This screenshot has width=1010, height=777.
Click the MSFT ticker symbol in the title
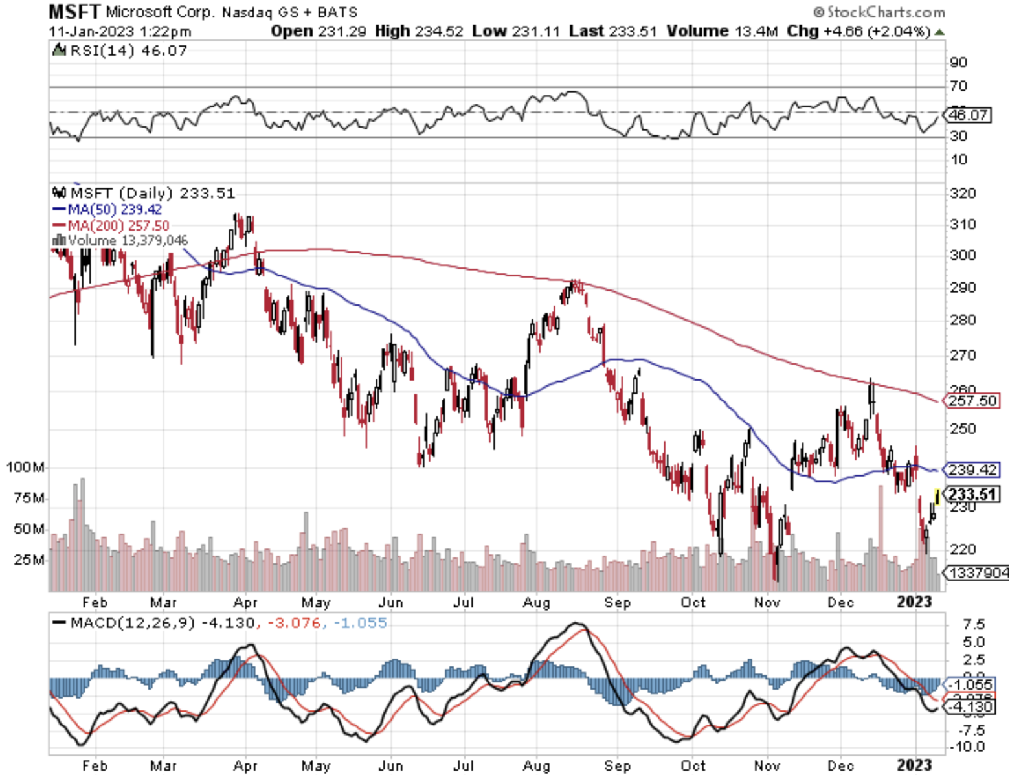click(74, 11)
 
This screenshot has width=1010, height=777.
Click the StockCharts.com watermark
click(879, 12)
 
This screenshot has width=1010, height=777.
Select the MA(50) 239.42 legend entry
click(107, 209)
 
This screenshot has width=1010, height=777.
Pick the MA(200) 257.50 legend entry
click(111, 225)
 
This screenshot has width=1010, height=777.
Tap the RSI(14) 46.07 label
click(121, 51)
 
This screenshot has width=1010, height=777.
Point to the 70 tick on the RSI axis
click(958, 86)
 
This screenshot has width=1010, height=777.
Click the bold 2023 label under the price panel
click(914, 602)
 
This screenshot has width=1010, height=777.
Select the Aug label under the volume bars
click(536, 602)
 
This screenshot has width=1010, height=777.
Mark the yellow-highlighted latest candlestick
click(937, 497)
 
